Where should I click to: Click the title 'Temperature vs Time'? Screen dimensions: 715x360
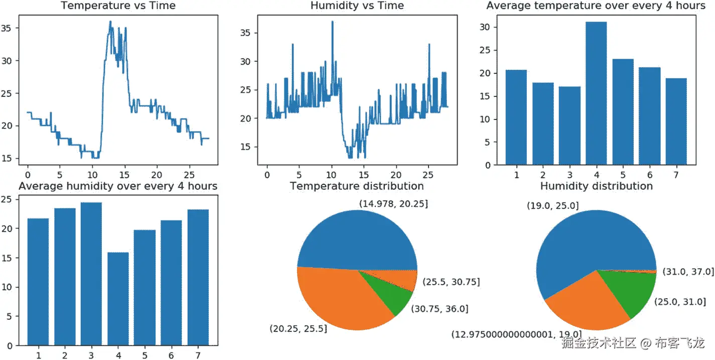tap(118, 6)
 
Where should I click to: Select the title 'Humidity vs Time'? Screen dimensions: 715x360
tap(357, 6)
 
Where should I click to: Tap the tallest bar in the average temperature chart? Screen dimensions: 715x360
tap(596, 93)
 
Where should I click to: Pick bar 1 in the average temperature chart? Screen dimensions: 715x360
tap(516, 117)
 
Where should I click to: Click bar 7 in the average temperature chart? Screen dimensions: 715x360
tap(676, 122)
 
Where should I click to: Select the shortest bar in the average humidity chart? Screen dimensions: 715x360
tap(118, 299)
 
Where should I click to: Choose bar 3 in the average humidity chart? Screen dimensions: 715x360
tap(91, 274)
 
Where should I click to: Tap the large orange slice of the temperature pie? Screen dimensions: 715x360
tap(338, 297)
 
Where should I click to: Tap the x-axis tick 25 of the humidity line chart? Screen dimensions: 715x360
tap(428, 175)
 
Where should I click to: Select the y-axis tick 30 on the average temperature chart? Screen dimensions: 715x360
tap(485, 27)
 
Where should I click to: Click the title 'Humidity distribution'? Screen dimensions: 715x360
tap(596, 186)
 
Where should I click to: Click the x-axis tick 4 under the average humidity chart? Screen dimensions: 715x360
tap(118, 355)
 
